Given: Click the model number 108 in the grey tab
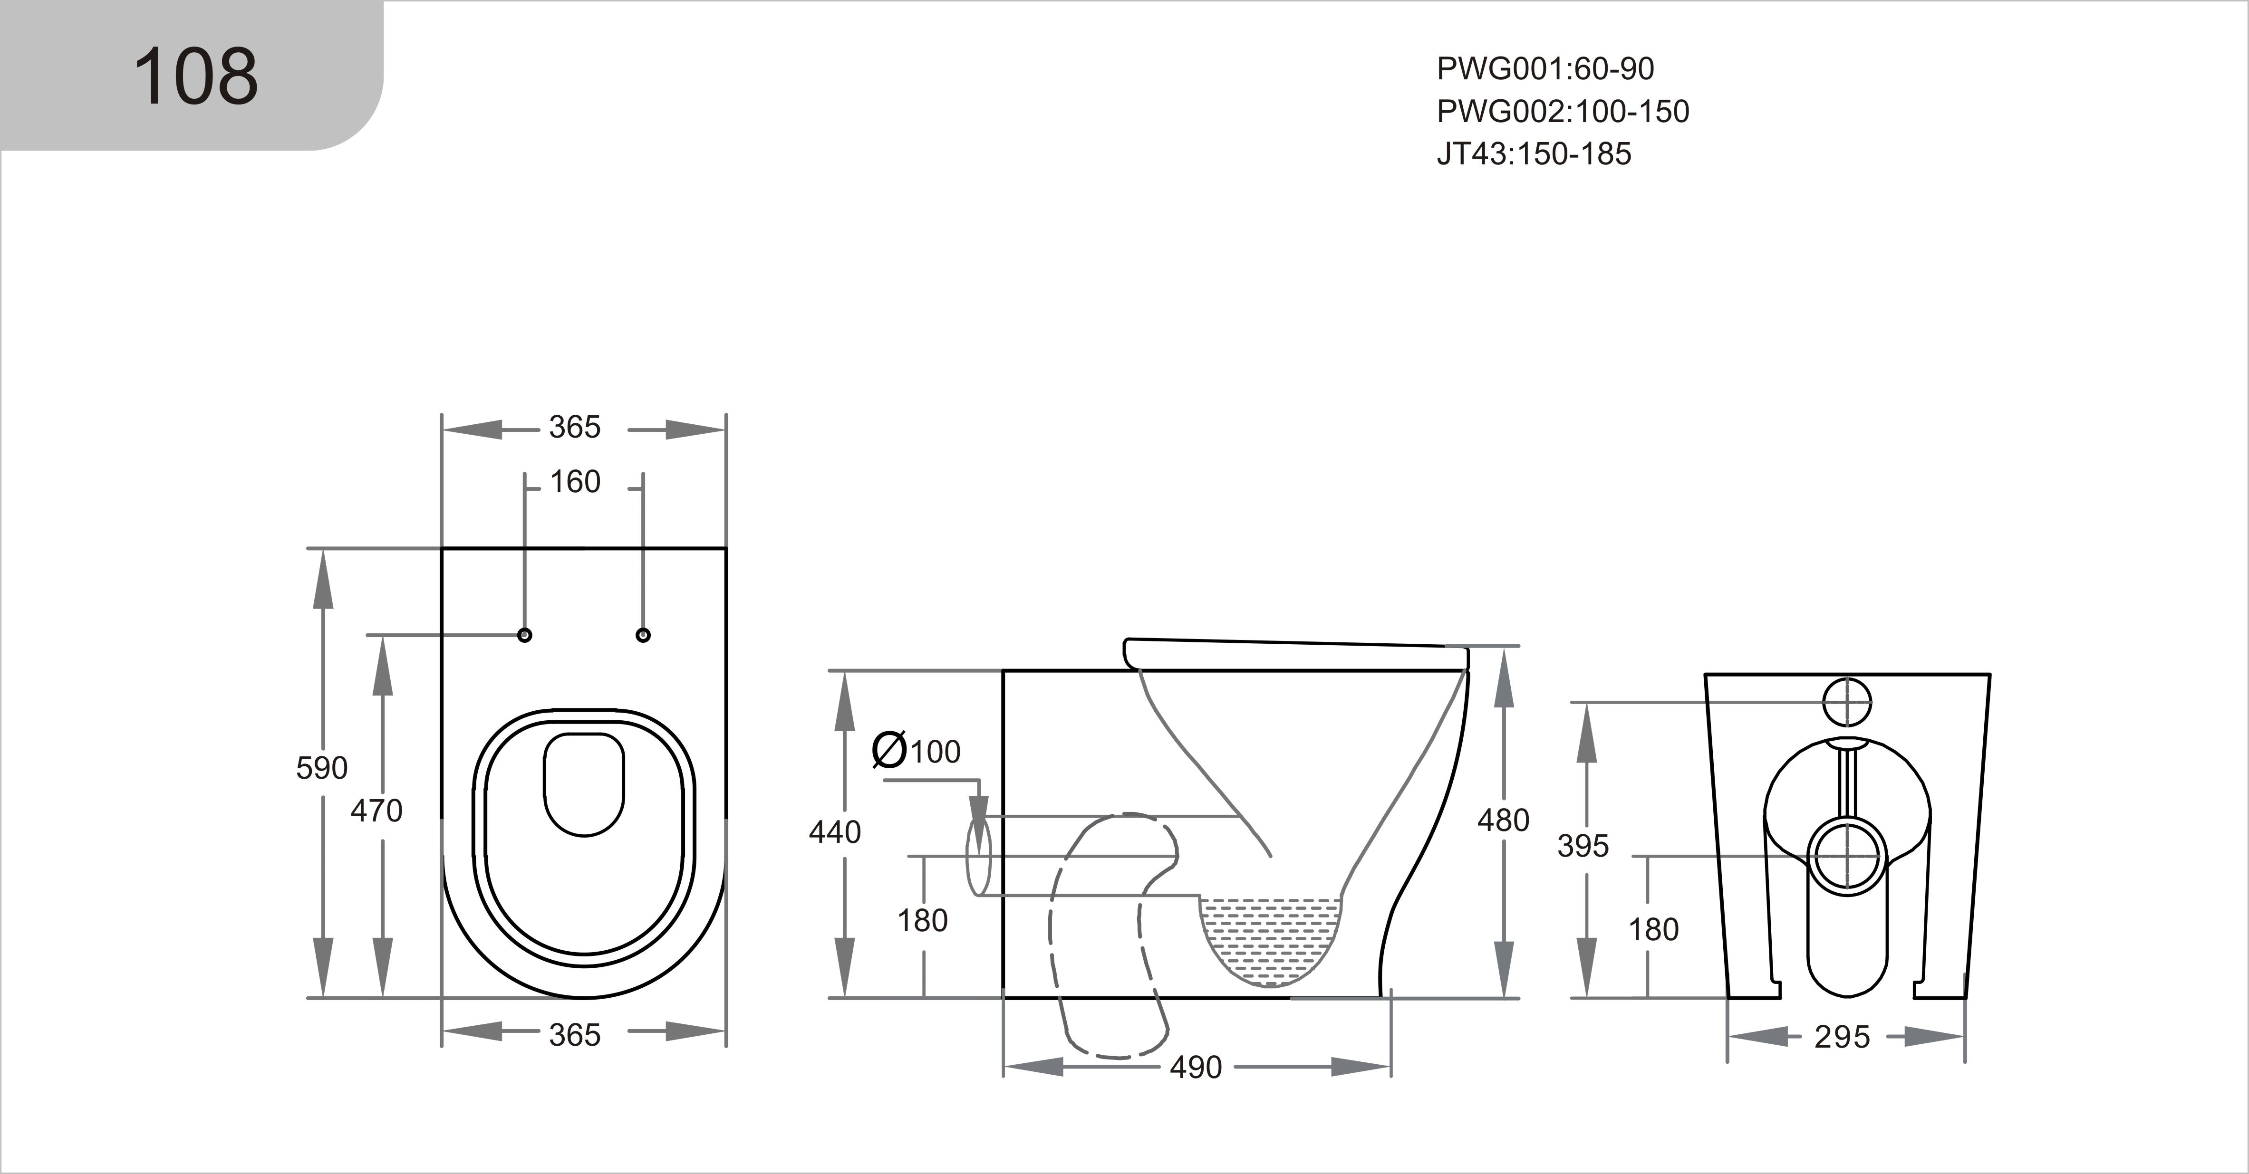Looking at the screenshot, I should tap(195, 77).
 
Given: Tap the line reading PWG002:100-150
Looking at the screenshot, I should tap(1563, 112).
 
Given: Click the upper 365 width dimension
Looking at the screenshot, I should tap(574, 428).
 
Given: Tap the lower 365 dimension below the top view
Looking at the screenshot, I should tap(574, 1035).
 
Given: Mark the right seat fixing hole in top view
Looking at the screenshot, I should tap(644, 635).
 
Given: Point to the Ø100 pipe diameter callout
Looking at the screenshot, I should tap(917, 751).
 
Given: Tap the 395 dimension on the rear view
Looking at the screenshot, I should tap(1583, 846).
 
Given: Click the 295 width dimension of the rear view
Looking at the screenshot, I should tap(1842, 1037).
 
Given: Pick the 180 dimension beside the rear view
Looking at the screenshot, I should tap(1653, 930).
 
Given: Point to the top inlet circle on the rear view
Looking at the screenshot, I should tap(1847, 701).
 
